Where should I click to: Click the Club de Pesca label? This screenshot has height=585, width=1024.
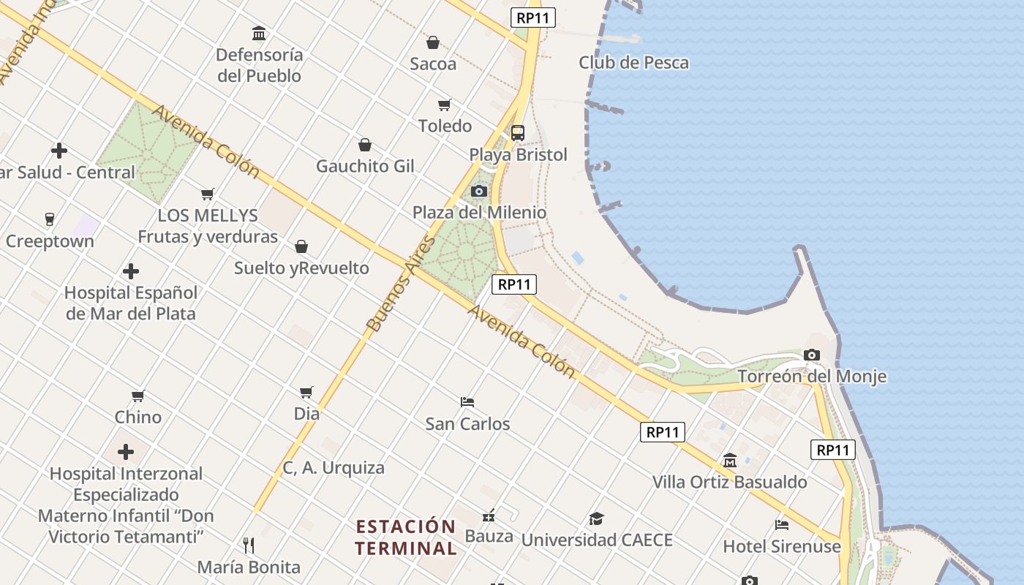click(633, 63)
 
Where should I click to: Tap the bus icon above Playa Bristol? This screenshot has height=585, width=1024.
click(518, 133)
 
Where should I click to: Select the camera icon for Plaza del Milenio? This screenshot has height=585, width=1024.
click(479, 192)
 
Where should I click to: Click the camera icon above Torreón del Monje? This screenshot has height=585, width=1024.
click(811, 355)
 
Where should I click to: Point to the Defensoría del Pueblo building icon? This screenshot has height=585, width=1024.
click(259, 34)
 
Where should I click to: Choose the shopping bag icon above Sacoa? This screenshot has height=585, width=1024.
click(433, 42)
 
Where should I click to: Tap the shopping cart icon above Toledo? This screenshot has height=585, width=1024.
click(445, 105)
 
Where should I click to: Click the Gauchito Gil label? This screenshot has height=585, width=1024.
click(365, 167)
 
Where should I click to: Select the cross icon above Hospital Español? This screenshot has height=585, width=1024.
click(131, 271)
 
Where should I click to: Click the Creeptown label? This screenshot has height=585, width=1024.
click(50, 241)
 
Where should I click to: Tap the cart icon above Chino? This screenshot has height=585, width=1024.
click(138, 396)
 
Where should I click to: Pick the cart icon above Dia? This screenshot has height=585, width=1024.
click(306, 393)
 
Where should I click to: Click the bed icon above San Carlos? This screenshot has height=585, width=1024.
click(467, 402)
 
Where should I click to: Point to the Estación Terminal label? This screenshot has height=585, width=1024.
click(406, 537)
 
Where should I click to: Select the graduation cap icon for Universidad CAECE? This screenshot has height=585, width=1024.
click(597, 519)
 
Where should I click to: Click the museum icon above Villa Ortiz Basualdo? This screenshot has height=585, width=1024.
click(729, 461)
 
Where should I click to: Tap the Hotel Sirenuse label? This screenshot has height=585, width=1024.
click(782, 546)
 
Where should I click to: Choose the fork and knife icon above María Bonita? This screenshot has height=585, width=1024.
click(249, 546)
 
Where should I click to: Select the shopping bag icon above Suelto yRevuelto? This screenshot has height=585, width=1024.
click(301, 246)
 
